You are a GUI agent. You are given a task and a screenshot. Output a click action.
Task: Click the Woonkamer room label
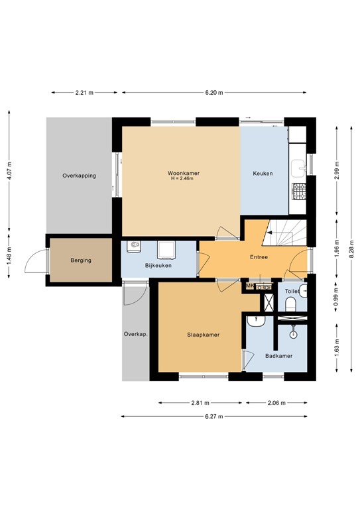184,173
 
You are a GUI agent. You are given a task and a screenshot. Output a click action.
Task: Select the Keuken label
263,174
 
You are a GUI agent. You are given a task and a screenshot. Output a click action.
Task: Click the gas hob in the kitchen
299,191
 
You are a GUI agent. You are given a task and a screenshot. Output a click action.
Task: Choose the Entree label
259,256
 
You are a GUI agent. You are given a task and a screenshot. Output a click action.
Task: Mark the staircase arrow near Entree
270,232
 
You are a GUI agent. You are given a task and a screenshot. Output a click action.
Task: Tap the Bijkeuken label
158,266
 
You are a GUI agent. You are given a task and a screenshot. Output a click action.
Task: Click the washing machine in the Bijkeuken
165,249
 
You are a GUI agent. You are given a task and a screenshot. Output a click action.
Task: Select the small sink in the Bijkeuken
135,247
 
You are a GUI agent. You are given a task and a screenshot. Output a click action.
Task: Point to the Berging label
80,260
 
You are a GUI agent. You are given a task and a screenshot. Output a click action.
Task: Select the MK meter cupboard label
250,286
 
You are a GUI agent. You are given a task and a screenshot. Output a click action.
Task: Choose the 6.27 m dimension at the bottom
213,416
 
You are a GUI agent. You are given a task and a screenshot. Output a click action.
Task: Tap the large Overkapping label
79,176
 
